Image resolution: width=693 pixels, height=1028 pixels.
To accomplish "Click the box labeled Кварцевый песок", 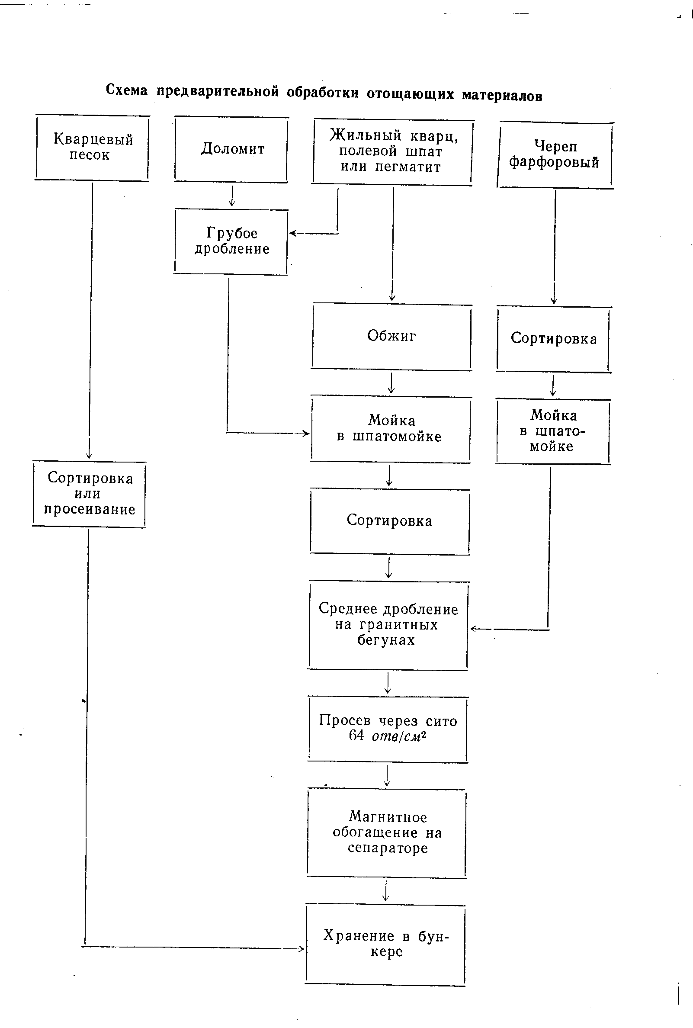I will [x=92, y=148].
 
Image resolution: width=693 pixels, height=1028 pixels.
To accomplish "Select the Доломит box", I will [x=231, y=149].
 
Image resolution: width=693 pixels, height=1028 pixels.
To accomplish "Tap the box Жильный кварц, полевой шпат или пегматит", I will [x=392, y=151].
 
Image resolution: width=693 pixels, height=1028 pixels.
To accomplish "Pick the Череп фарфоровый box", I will [x=555, y=155].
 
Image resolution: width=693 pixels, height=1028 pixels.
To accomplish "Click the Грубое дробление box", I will [x=231, y=241].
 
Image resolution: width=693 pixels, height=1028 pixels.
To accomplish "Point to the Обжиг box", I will [x=391, y=337].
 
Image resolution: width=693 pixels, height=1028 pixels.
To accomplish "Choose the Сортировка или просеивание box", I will [x=89, y=494].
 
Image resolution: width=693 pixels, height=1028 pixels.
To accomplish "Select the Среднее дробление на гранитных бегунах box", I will [x=388, y=625].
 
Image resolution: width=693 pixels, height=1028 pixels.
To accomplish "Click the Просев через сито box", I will [x=388, y=729].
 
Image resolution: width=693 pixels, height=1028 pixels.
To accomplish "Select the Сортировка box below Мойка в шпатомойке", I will [x=389, y=521].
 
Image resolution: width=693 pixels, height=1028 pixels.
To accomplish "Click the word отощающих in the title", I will [x=410, y=94].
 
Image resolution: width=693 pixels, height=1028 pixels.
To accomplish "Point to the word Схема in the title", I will [x=126, y=90].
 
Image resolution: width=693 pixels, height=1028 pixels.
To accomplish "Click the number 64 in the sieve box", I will [x=356, y=736].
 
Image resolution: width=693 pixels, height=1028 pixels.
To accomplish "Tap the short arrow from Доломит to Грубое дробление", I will [x=231, y=196].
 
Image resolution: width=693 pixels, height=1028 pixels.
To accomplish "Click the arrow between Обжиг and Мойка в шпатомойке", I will [x=391, y=383].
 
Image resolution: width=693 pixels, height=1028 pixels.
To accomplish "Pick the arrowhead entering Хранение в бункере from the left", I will [x=300, y=948].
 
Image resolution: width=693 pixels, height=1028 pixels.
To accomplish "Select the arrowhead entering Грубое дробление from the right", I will [x=292, y=233].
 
